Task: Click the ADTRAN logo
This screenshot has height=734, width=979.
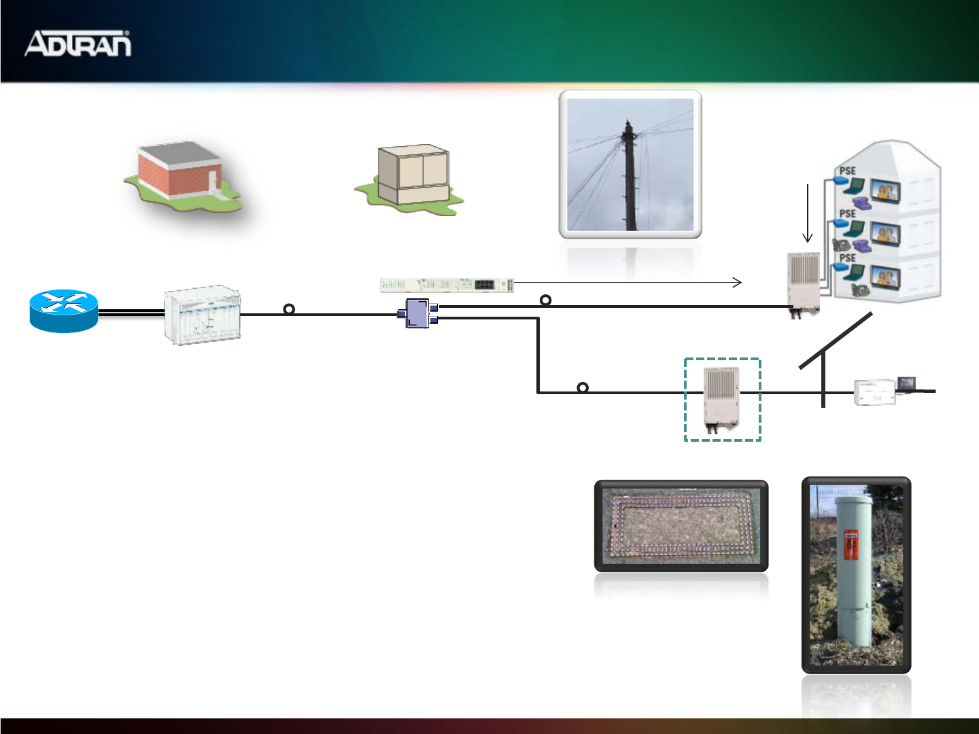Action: coord(78,43)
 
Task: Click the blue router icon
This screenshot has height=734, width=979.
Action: coord(64,311)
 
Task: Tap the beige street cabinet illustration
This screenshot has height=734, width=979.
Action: coord(412,175)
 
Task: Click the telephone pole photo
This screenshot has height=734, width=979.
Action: coord(630,164)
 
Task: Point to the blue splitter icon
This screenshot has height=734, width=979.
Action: coord(417,313)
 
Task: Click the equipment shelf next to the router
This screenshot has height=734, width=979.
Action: coord(203,315)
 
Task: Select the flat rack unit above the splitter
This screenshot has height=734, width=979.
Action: coord(446,285)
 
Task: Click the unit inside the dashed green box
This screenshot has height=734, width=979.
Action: coord(721,399)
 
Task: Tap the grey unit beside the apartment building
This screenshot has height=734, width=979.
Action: coord(804,282)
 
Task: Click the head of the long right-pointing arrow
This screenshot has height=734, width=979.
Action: coord(738,282)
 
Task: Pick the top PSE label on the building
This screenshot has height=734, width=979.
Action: coord(847,171)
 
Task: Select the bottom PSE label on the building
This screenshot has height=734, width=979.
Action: coord(847,258)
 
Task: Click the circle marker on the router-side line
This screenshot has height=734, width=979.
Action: coord(289,309)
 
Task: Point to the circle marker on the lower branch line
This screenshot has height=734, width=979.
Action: coord(583,387)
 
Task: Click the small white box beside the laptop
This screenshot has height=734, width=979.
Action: coord(874,392)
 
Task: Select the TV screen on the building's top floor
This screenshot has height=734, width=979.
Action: coord(886,191)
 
